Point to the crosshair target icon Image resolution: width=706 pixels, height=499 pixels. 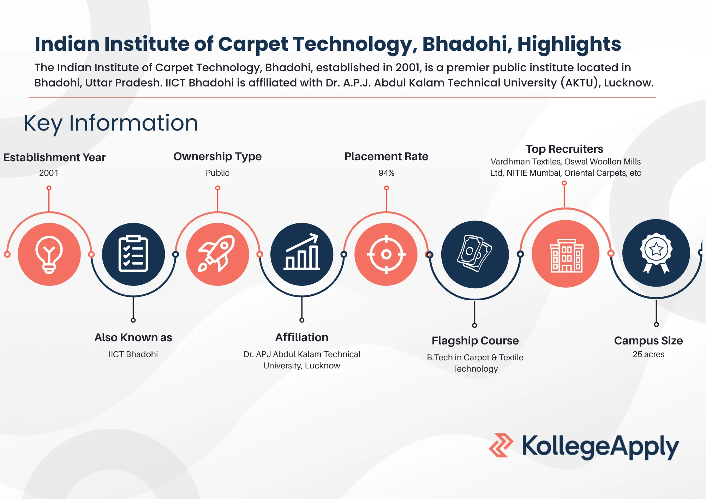pos(386,254)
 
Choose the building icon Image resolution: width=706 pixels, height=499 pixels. pos(566,255)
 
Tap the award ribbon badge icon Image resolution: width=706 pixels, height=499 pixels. pos(656,253)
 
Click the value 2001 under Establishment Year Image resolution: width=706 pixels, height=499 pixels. pos(49,173)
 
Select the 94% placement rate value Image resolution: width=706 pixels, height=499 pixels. pos(386,173)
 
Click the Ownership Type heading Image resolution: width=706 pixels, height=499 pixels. pos(217,156)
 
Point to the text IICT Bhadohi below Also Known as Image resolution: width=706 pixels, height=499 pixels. pos(133,354)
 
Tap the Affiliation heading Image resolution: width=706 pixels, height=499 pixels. pos(302,337)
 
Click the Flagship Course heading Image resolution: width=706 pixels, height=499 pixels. pos(475,341)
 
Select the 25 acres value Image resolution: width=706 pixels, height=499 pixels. pos(648,354)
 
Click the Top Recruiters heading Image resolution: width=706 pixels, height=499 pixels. pos(564,149)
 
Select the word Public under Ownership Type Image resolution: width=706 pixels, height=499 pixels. pos(217,173)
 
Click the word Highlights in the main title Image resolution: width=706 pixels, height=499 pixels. pos(569,44)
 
